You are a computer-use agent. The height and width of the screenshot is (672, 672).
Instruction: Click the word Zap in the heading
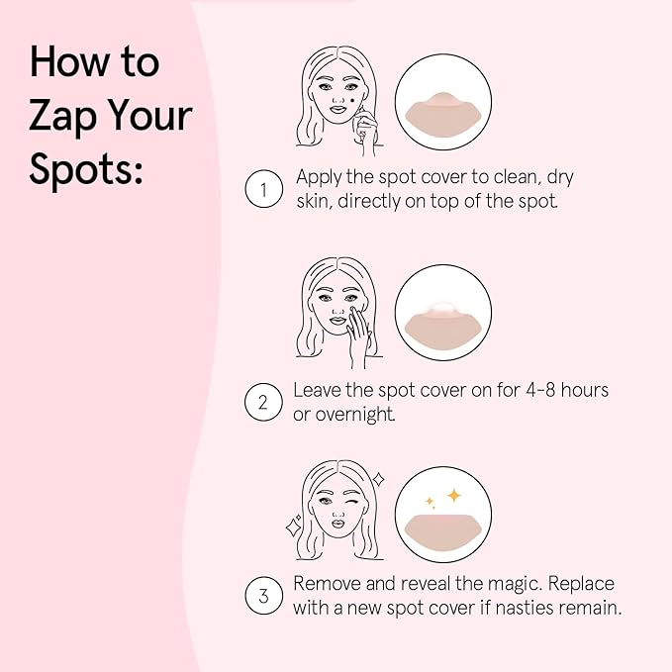63,117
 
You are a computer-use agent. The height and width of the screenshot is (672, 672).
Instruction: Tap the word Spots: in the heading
87,169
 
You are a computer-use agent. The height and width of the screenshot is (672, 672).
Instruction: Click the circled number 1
262,190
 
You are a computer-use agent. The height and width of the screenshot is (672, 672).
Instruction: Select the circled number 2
262,402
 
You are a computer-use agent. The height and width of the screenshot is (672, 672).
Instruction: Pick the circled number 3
262,596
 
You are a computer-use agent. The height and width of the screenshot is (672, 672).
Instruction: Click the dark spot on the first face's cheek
348,101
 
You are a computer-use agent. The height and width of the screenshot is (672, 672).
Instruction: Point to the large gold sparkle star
453,495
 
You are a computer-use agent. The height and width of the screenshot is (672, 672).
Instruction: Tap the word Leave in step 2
317,390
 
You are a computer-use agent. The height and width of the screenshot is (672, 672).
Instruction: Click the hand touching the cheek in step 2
358,335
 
